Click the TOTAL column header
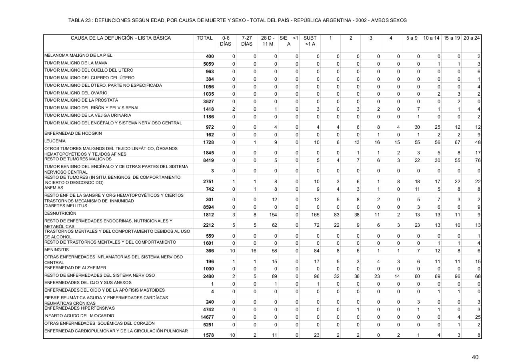(x=204, y=38)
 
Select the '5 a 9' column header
(x=412, y=38)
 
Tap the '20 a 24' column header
(x=472, y=38)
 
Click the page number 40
(x=475, y=357)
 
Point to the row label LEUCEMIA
(x=55, y=141)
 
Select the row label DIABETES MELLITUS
(x=66, y=206)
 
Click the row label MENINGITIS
(x=56, y=250)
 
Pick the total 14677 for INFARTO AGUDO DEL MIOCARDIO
(x=207, y=317)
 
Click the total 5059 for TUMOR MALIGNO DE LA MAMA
(x=208, y=64)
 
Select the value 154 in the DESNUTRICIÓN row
(x=273, y=215)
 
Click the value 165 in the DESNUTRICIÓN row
(x=316, y=215)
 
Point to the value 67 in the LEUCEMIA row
(x=457, y=143)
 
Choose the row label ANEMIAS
(x=51, y=188)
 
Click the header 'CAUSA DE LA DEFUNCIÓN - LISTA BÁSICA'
(x=121, y=38)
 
